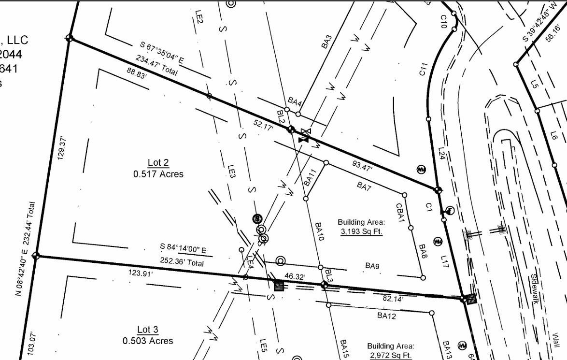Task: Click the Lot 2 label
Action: (x=158, y=162)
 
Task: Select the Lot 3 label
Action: (x=147, y=330)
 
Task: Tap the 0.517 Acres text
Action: (x=158, y=174)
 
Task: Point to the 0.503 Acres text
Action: (x=147, y=341)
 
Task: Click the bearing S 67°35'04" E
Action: (x=162, y=53)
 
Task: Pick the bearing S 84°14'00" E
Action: (x=183, y=249)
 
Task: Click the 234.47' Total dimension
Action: (x=156, y=66)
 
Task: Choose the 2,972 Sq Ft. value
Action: (x=390, y=356)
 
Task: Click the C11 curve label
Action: (x=424, y=70)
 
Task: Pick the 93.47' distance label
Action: (x=362, y=168)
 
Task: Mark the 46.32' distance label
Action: (x=295, y=276)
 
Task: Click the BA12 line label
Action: (x=387, y=316)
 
